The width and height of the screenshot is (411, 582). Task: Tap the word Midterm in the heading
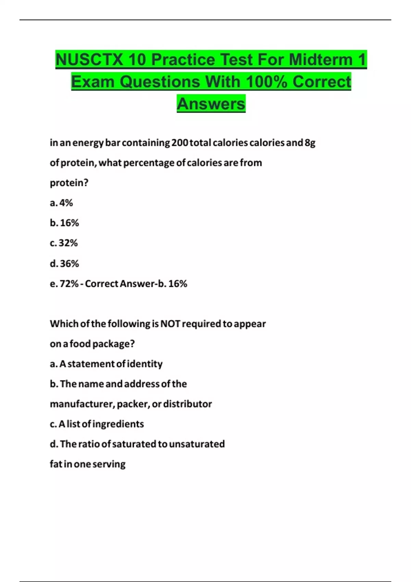(321, 60)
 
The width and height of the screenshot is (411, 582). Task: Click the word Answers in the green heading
(211, 104)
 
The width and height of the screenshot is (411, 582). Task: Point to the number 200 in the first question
(179, 142)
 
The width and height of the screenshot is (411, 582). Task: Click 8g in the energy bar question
(310, 142)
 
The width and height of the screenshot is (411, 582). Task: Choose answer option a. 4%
(61, 203)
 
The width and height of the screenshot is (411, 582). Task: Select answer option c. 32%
(64, 243)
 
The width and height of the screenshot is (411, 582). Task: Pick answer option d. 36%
(64, 263)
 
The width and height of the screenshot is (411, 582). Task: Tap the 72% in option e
(69, 283)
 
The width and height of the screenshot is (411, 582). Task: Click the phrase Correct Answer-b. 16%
(136, 283)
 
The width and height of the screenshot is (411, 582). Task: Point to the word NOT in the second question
(170, 324)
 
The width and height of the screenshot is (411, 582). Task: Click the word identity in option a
(145, 364)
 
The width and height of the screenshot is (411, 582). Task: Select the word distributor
(187, 404)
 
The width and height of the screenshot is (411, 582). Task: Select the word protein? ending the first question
(69, 183)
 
